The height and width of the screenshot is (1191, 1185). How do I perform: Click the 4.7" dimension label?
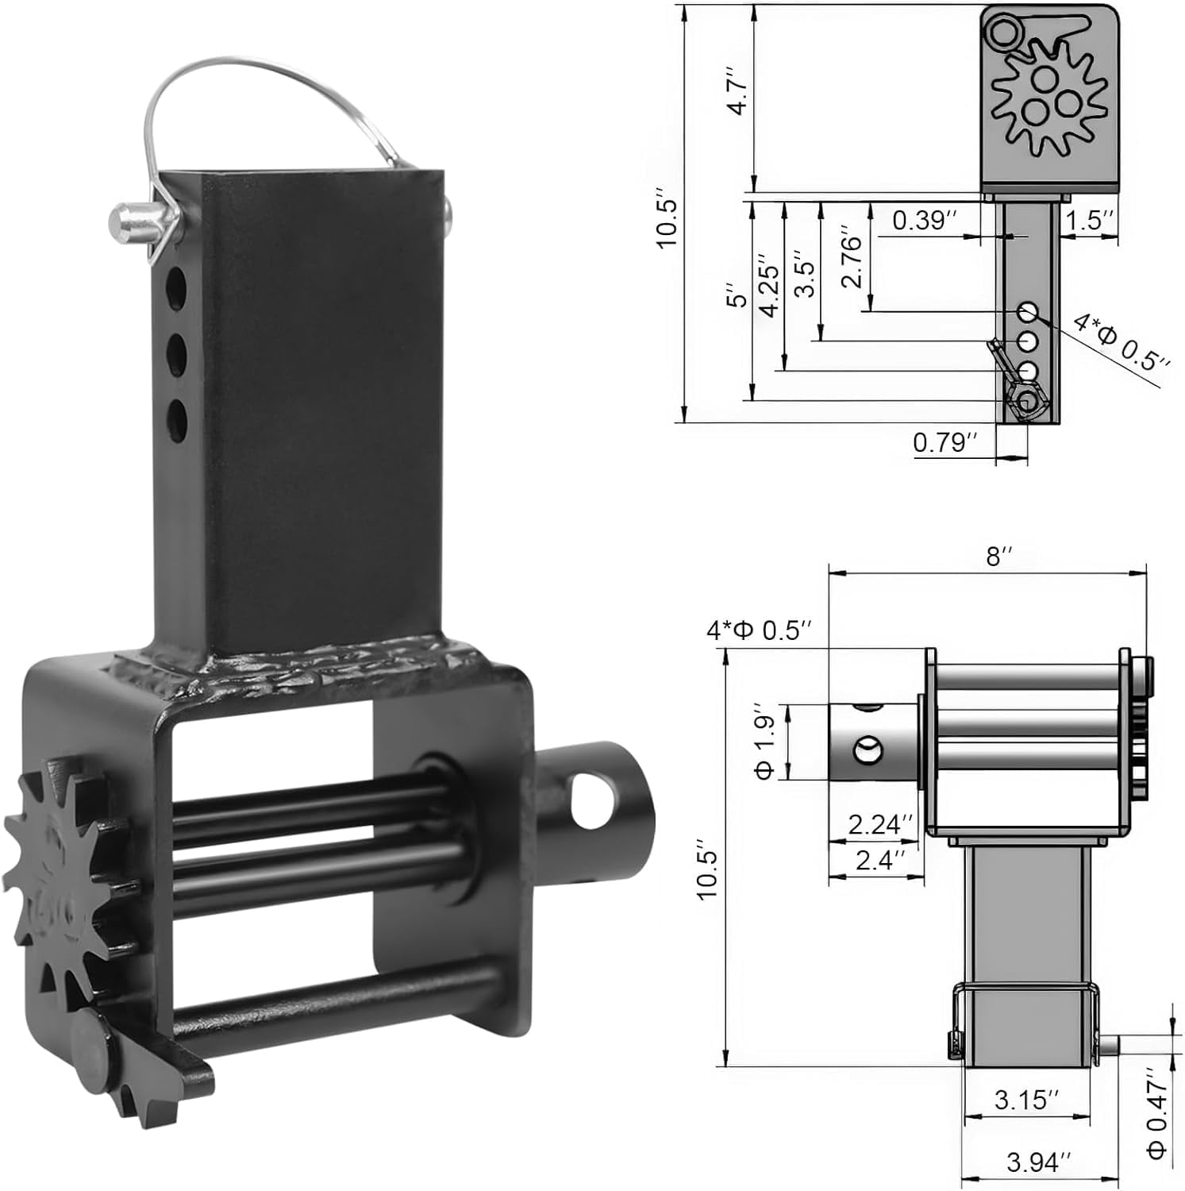[738, 91]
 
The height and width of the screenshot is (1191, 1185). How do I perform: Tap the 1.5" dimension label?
[1091, 220]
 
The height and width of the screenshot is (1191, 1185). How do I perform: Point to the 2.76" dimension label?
[850, 261]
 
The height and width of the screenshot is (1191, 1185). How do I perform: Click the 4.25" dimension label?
[768, 286]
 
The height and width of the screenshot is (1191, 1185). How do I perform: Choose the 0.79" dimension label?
[945, 442]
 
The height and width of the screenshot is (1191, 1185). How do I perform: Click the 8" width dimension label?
[995, 557]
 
